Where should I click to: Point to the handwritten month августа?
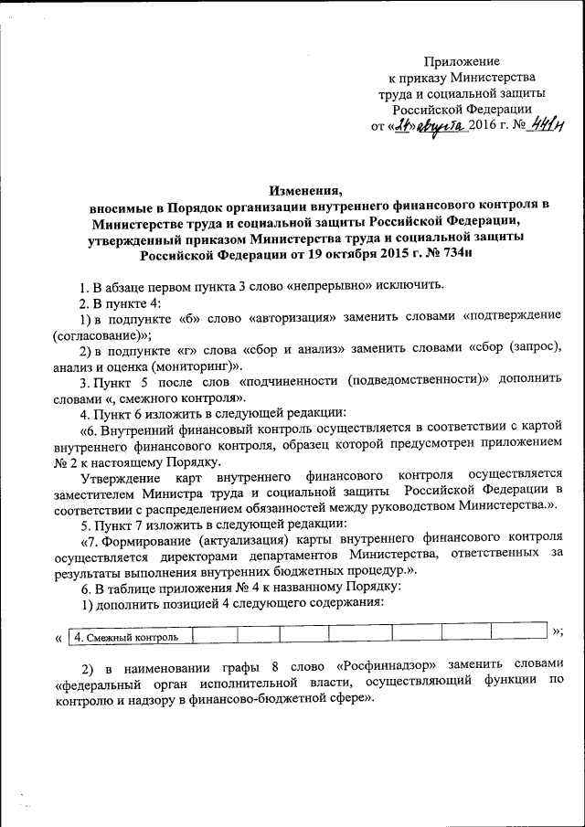click(x=441, y=125)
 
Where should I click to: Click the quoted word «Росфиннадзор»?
click(x=388, y=663)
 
